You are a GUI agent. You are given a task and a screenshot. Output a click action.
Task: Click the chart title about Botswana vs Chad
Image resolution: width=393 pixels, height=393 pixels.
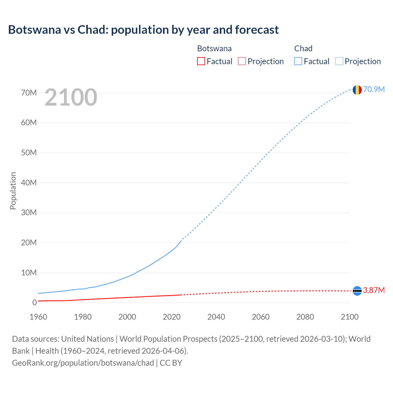tap(143, 30)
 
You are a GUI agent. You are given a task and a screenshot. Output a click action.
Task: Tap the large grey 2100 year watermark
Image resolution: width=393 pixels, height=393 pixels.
tap(71, 97)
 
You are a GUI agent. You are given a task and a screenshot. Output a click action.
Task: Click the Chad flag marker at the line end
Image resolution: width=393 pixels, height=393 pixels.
tap(357, 90)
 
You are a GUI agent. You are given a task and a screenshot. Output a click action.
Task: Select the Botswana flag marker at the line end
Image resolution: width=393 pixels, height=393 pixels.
tap(357, 290)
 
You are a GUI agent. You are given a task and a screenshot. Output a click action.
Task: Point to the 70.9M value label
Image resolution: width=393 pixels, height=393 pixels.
tap(374, 89)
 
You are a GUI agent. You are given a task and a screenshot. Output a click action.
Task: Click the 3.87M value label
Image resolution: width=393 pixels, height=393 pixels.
tap(374, 290)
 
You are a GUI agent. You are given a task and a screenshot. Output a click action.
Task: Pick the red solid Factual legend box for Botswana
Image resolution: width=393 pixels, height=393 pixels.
tap(201, 61)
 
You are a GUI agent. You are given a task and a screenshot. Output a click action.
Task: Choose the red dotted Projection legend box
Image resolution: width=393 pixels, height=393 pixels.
tap(242, 61)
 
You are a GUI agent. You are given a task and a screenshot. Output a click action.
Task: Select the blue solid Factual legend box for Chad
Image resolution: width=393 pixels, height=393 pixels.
tap(298, 61)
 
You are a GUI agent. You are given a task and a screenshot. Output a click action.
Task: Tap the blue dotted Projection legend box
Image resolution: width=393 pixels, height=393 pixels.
tap(339, 61)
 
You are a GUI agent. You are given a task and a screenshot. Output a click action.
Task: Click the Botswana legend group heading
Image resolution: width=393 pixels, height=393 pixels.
tap(214, 49)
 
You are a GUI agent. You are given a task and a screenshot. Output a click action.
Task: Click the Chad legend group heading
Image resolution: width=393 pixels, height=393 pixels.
tap(303, 49)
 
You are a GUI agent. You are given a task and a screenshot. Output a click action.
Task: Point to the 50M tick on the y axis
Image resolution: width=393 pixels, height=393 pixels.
tap(29, 153)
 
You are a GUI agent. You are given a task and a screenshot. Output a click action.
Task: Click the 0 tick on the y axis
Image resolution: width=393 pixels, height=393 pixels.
tap(34, 302)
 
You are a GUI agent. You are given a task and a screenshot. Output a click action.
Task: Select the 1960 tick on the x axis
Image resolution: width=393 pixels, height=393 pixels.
tap(38, 317)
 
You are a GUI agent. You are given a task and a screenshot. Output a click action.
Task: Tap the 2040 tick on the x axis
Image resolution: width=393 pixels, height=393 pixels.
tap(216, 317)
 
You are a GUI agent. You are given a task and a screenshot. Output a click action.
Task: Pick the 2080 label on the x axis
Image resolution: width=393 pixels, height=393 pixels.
tap(305, 317)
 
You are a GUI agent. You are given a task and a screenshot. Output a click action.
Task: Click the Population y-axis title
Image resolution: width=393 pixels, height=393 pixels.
tap(13, 191)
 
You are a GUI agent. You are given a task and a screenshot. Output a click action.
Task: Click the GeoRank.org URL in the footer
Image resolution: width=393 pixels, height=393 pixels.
tap(83, 363)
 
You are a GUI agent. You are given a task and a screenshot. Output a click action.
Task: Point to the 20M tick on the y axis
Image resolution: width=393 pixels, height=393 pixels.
tap(29, 243)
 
